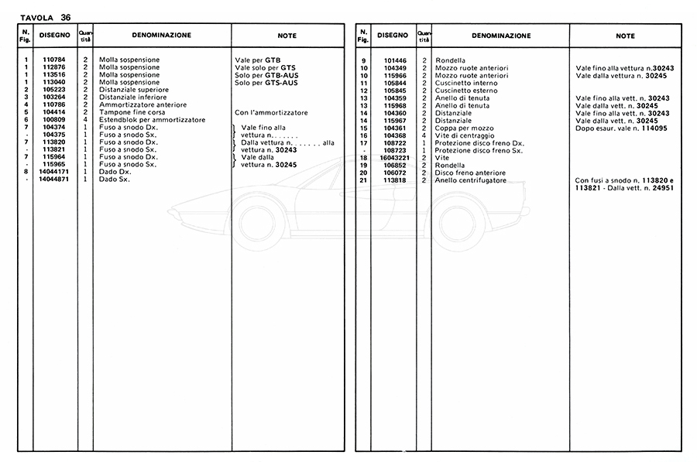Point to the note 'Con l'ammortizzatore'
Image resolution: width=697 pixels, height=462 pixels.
[x=271, y=112]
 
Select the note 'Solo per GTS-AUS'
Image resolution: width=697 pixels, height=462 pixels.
[x=266, y=82]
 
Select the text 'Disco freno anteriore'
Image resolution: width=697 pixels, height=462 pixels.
[x=472, y=172]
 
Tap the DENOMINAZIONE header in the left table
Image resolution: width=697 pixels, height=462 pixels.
[x=161, y=35]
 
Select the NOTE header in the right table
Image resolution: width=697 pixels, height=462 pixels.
[x=625, y=36]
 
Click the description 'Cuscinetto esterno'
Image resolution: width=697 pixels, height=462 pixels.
[x=466, y=90]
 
